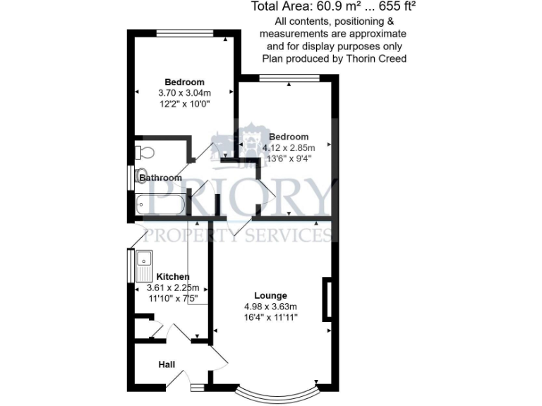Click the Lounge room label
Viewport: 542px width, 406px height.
tap(271, 295)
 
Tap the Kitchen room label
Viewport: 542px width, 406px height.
tap(172, 276)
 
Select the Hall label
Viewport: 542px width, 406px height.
tap(167, 364)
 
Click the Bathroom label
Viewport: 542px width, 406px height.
tap(160, 178)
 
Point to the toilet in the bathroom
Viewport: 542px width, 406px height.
tap(145, 152)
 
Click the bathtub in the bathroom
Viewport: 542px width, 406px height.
tap(160, 206)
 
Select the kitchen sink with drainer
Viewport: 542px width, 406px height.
tap(145, 266)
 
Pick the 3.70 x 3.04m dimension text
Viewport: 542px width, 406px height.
tap(184, 93)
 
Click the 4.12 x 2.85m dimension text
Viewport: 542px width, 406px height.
tap(289, 148)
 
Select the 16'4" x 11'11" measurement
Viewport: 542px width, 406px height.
tap(271, 318)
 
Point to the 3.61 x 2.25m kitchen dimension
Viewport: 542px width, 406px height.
tap(172, 288)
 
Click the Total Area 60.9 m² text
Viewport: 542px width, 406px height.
tap(332, 8)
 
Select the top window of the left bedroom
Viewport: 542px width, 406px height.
tap(185, 32)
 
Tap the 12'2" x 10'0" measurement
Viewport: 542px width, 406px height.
tap(185, 104)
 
